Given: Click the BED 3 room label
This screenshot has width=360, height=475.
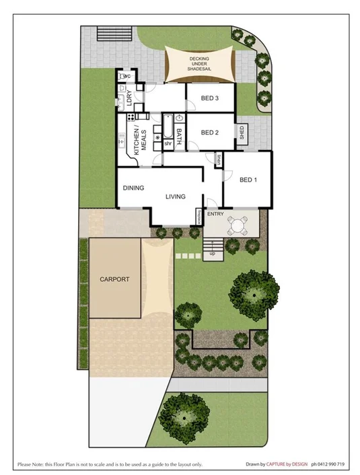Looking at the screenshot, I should click(x=210, y=98).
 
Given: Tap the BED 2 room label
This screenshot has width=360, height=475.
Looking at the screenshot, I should click(x=210, y=132).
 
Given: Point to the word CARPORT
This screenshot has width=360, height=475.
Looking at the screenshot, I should click(x=114, y=279).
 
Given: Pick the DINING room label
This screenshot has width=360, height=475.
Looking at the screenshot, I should click(x=133, y=188).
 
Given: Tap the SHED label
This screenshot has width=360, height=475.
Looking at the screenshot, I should click(x=242, y=133).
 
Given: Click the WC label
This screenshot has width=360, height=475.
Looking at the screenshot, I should click(x=126, y=76).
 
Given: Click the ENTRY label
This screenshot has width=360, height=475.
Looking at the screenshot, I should click(x=215, y=214).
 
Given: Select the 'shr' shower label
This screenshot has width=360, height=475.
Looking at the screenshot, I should click(x=168, y=143).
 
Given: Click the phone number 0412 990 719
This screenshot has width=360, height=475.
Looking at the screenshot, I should click(x=326, y=464).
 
